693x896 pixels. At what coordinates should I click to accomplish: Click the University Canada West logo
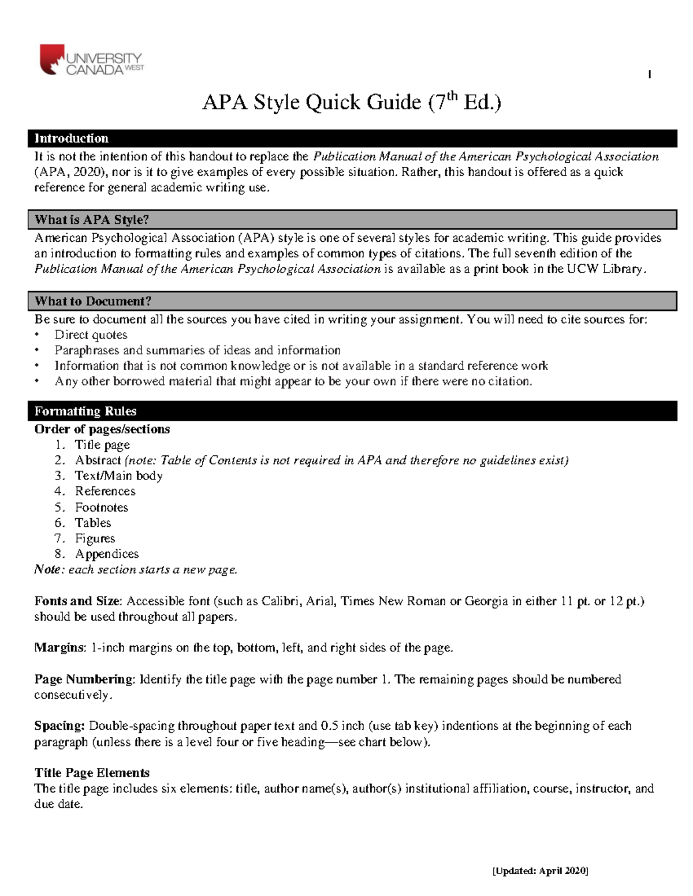point(91,61)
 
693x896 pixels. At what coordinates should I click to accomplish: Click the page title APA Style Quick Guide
point(351,102)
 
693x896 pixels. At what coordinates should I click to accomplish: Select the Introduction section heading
point(72,138)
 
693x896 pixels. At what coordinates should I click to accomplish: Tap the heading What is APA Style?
point(92,220)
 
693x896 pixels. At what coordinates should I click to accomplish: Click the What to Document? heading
point(93,301)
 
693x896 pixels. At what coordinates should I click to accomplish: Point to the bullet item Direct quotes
point(91,335)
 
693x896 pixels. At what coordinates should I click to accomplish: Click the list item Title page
point(102,445)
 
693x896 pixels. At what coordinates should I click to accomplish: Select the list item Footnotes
point(101,507)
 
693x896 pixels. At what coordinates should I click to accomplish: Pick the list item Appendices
point(106,554)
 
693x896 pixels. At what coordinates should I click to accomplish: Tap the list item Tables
point(92,523)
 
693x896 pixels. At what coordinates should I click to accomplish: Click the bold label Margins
point(59,647)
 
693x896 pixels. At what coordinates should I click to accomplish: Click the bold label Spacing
point(59,726)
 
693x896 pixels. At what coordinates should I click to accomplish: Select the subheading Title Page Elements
point(92,773)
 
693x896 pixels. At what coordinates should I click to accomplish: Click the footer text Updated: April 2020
point(539,871)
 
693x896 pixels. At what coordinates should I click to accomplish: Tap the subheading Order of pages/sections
point(102,429)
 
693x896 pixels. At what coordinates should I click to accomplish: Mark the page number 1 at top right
point(650,74)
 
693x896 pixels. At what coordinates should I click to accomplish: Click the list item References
point(105,492)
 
